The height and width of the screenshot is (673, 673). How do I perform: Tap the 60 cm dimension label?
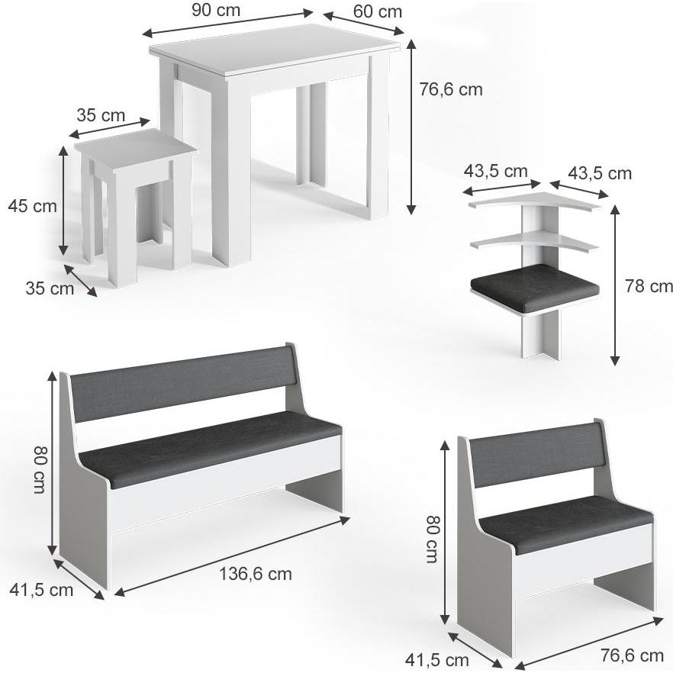point(378,11)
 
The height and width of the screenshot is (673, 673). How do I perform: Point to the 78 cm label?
point(649,286)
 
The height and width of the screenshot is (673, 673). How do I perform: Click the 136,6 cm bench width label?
point(256,574)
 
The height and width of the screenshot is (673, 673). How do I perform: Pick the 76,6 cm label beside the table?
point(451,89)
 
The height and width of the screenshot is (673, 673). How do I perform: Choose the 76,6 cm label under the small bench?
point(630,655)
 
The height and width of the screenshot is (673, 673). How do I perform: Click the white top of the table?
point(275,50)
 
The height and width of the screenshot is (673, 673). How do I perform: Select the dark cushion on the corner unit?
point(535,287)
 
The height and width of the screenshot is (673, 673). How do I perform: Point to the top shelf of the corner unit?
point(534,202)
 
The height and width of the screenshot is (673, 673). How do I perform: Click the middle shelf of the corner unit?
point(534,243)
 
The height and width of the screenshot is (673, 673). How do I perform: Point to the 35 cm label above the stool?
point(100,116)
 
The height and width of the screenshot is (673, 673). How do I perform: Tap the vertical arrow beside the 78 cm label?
point(616,286)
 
